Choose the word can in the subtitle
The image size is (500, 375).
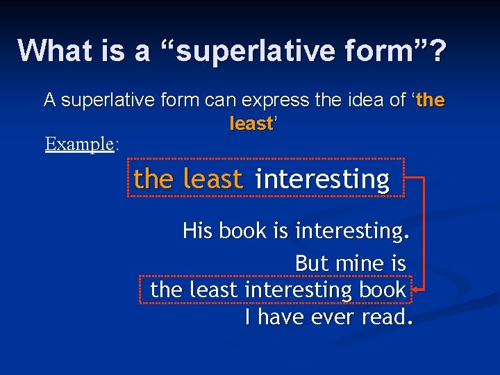click(x=220, y=101)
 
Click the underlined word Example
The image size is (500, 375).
click(x=79, y=144)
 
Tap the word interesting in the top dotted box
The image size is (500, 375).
click(x=322, y=179)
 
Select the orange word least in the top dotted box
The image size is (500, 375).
click(x=213, y=179)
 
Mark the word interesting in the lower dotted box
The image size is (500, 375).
click(x=294, y=290)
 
